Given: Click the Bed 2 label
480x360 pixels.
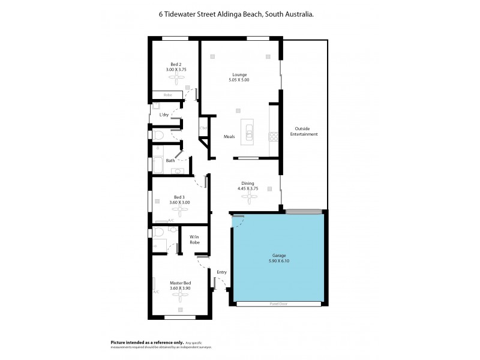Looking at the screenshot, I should click(x=175, y=64).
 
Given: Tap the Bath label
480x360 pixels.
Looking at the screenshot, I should click(x=170, y=160).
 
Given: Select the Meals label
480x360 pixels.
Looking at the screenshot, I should click(x=229, y=137).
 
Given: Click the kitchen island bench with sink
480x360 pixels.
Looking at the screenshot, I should click(x=248, y=131).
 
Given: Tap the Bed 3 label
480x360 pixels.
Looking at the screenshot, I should click(x=179, y=197).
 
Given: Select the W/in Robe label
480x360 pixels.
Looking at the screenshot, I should click(x=194, y=239).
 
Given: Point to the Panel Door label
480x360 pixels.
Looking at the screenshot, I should click(x=277, y=304).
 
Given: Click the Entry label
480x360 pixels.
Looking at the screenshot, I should click(x=221, y=272).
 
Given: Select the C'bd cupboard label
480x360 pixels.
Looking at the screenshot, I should click(x=203, y=128).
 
